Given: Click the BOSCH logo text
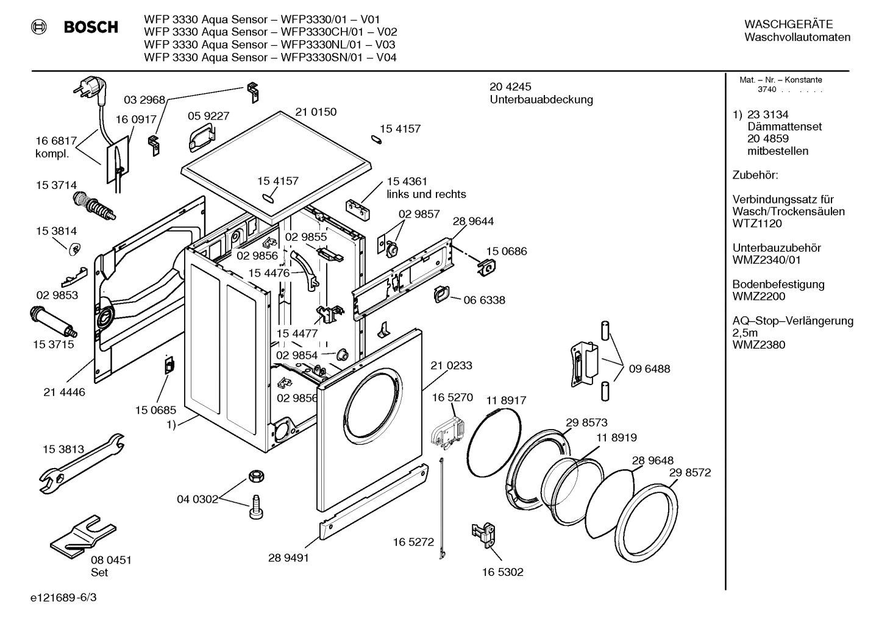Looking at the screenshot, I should [x=91, y=27].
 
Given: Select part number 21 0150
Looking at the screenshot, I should [x=316, y=112].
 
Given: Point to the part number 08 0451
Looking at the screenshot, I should [x=111, y=560].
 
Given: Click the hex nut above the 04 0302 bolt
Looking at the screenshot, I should [x=255, y=476].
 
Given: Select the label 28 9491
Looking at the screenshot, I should [x=288, y=558].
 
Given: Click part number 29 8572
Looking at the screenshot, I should [x=690, y=473].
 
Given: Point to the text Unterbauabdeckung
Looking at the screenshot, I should [x=541, y=100].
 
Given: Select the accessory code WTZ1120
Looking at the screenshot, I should [x=757, y=224].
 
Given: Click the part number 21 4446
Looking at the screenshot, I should [x=65, y=392].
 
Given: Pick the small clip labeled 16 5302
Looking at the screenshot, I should [x=484, y=532].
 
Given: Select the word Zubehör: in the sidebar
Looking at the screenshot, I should [x=755, y=176].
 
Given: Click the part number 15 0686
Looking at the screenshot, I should [x=507, y=251].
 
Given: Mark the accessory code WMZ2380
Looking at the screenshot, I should [x=759, y=345].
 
